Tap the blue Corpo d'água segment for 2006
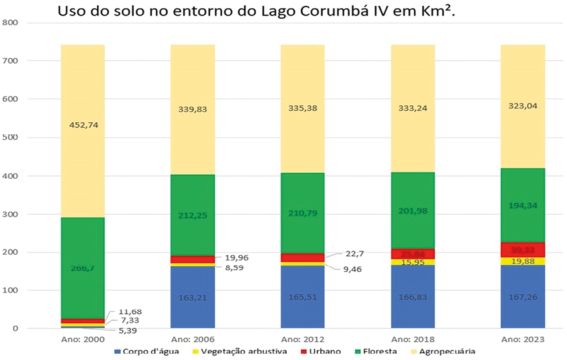click(x=192, y=297)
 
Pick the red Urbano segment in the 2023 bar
click(x=523, y=250)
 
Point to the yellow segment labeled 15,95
click(x=413, y=262)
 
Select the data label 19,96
click(x=237, y=258)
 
